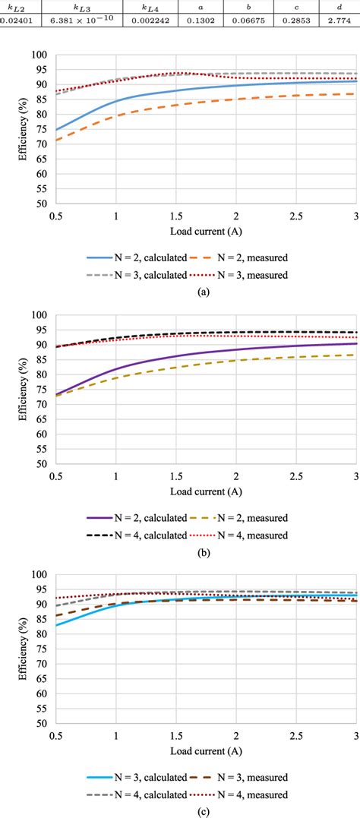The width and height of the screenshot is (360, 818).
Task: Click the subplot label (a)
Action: coord(179,289)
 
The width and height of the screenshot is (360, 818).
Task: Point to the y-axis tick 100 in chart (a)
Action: coord(38,55)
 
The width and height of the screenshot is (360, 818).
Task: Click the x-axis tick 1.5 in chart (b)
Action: coord(176,475)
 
